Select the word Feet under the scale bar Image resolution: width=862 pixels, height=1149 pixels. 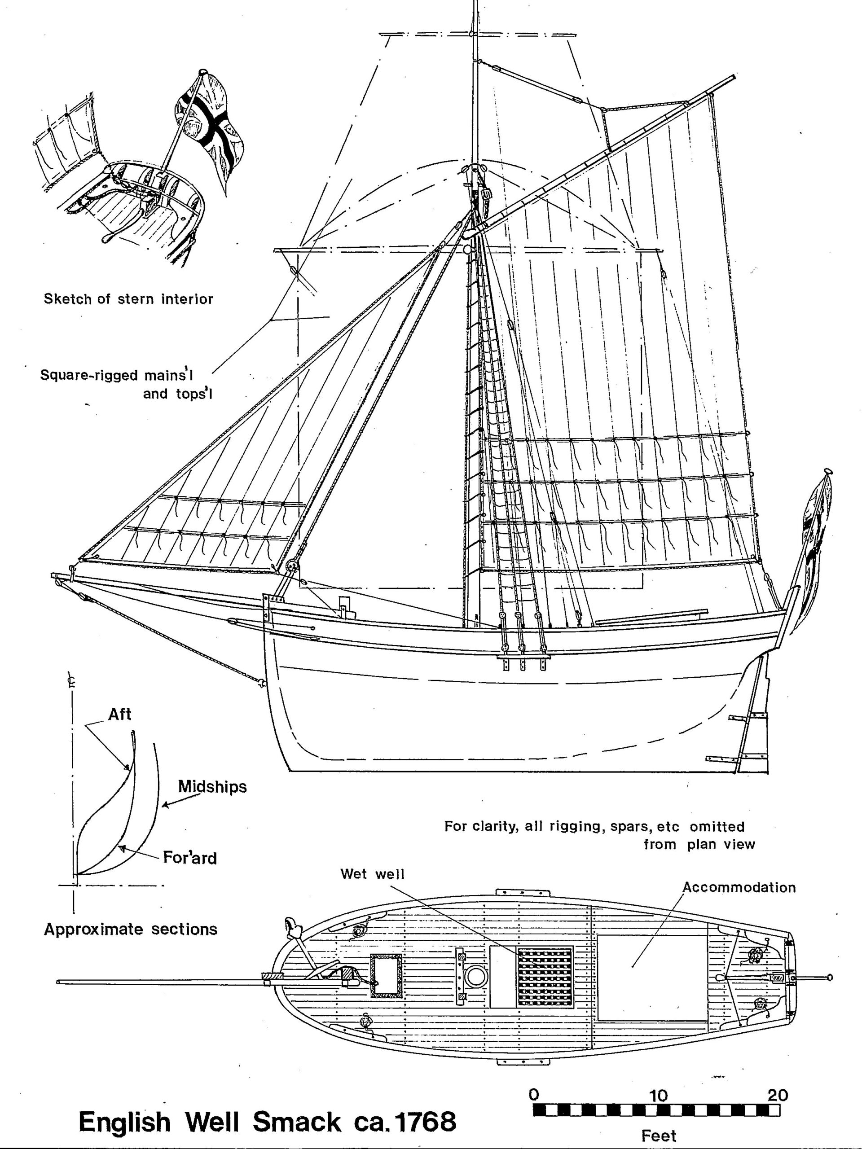(x=658, y=1136)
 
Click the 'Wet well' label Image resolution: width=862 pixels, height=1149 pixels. (x=372, y=874)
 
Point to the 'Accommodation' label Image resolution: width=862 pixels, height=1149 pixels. (x=739, y=887)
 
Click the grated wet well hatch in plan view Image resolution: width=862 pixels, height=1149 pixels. (x=545, y=977)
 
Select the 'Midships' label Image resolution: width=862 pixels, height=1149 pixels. (x=212, y=786)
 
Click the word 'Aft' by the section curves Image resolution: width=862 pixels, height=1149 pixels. (x=119, y=714)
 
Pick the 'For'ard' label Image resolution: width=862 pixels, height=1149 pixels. (x=189, y=857)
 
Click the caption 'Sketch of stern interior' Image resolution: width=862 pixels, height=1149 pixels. (x=128, y=299)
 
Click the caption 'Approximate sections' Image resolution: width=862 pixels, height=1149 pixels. (x=130, y=929)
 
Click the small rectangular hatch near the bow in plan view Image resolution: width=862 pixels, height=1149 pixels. (x=387, y=977)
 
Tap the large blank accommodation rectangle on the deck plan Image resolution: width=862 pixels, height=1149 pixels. (x=651, y=977)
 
